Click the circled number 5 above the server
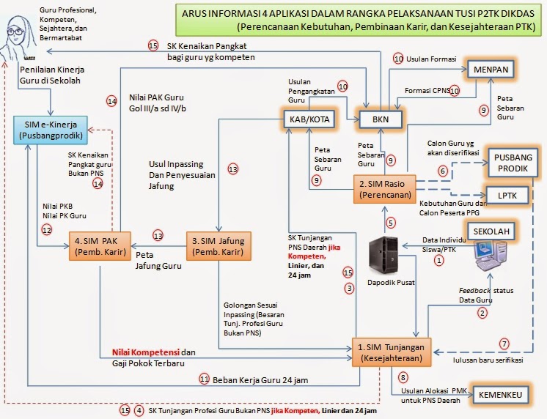pos(391,222)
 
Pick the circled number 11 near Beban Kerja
pos(205,379)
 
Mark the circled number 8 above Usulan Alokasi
pos(403,378)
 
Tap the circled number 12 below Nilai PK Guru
pos(47,230)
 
